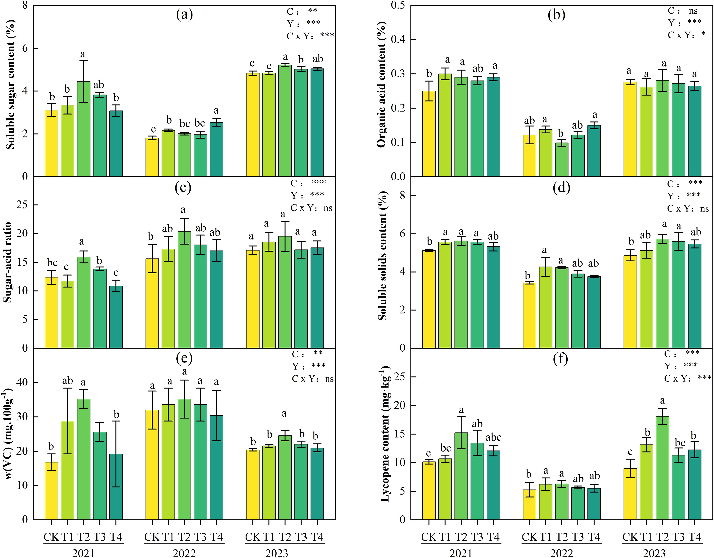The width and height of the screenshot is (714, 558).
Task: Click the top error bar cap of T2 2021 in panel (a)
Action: click(x=84, y=61)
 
